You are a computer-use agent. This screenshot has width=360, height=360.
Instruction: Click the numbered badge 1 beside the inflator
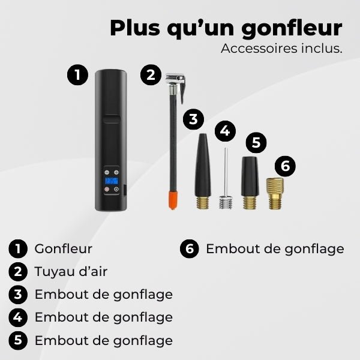[x=77, y=76]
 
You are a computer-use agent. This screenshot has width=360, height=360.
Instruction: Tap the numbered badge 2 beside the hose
[x=151, y=76]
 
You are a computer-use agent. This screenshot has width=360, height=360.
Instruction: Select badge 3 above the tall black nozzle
[x=193, y=119]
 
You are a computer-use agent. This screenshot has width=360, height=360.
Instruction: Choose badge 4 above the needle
[x=225, y=130]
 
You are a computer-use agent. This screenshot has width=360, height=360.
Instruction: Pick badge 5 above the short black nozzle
[x=256, y=143]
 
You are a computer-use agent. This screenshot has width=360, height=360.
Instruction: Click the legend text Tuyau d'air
[x=71, y=271]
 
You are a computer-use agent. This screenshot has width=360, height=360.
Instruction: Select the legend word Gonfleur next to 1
[x=64, y=248]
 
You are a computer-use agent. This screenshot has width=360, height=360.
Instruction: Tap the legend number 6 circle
[x=190, y=249]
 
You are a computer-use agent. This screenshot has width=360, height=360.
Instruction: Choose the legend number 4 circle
[x=19, y=317]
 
